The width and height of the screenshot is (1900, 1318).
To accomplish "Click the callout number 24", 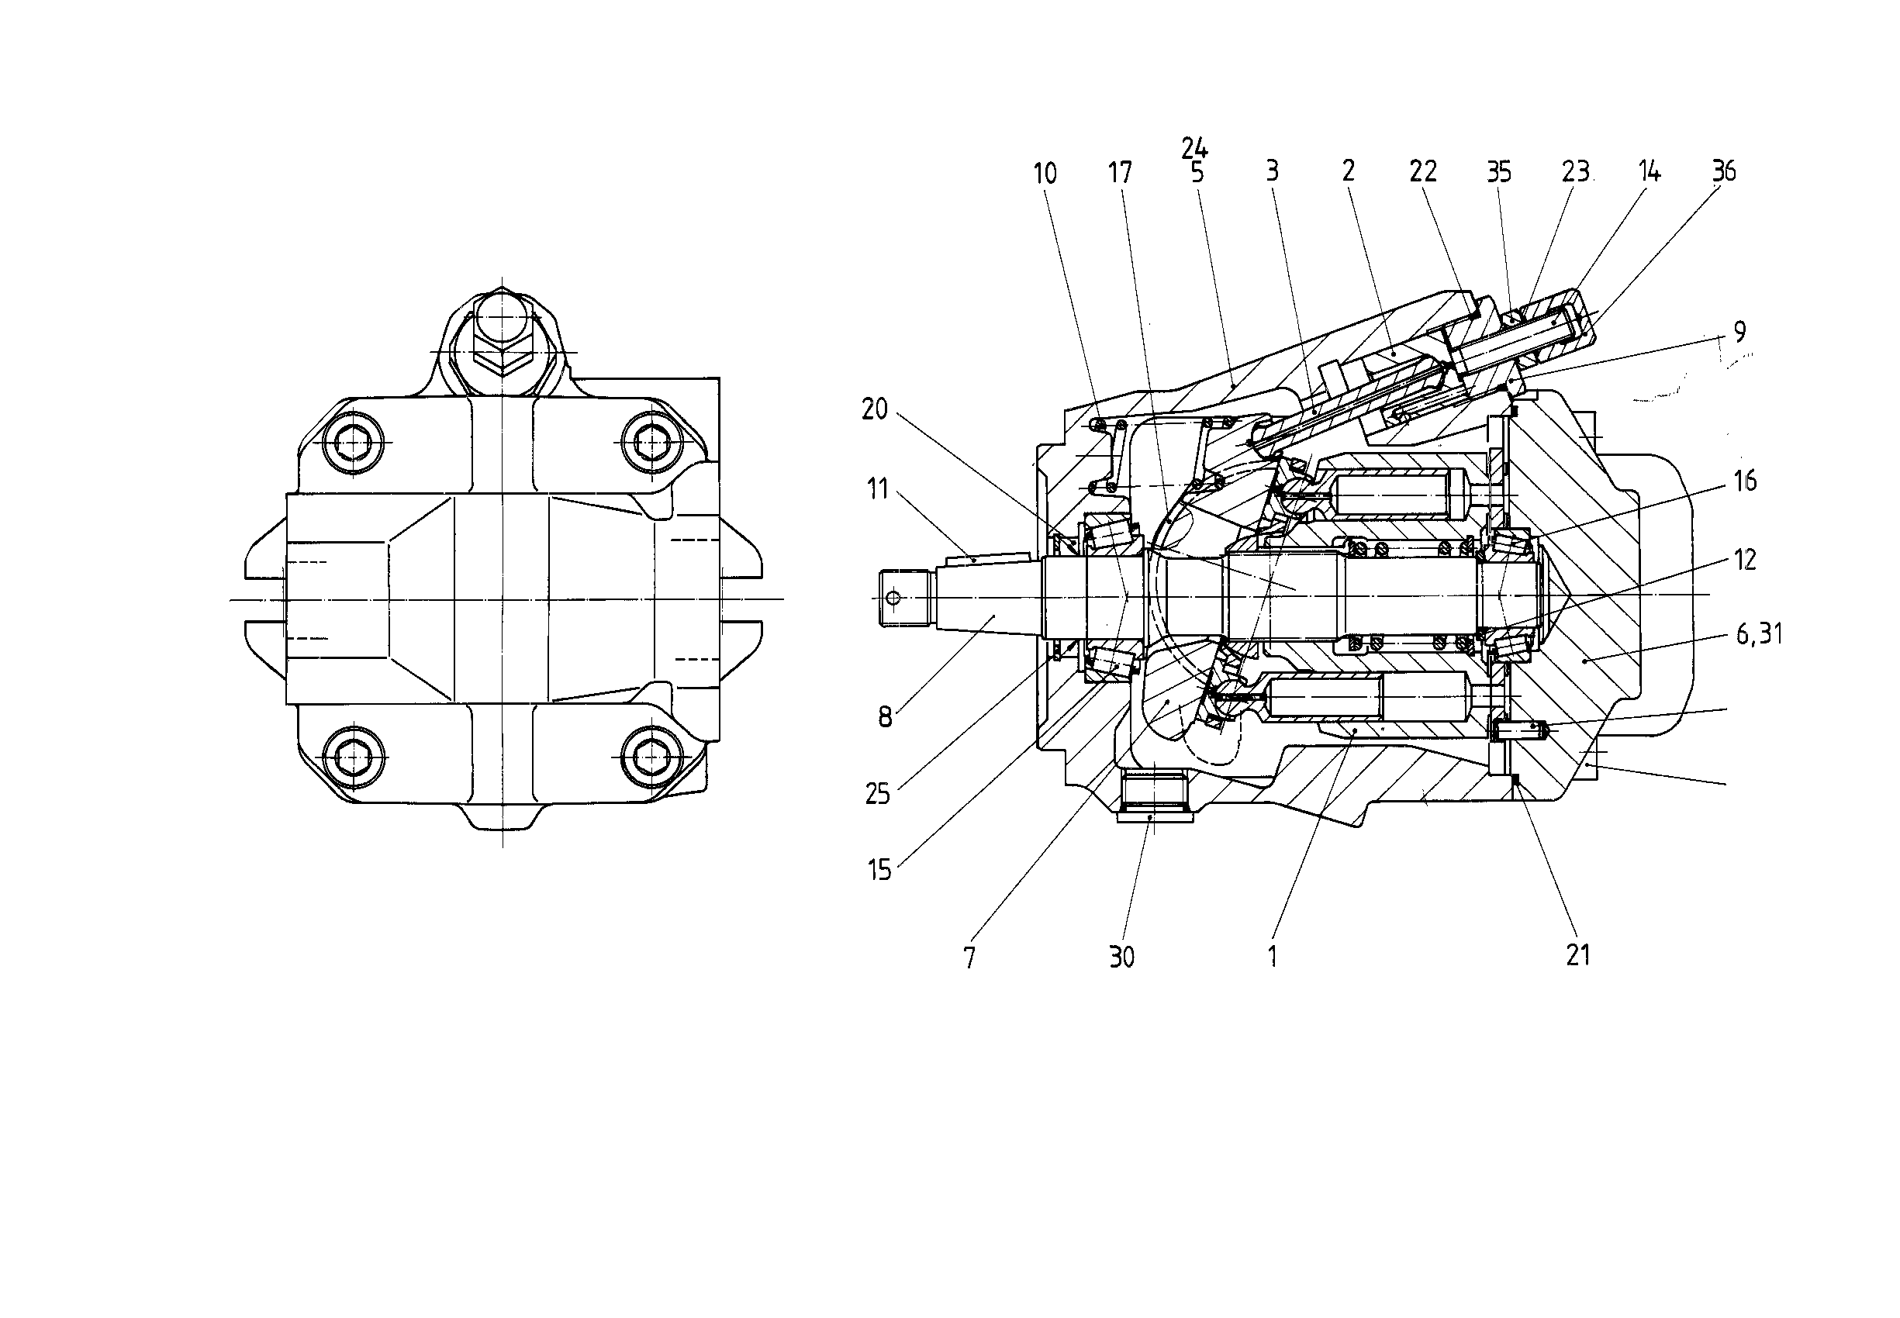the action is [1194, 149].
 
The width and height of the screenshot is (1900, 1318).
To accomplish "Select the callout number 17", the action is [1120, 173].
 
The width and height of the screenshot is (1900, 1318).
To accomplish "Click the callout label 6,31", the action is [1760, 634].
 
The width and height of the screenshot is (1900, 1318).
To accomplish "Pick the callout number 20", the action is [875, 409].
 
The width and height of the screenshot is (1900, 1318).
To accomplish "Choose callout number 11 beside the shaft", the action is [878, 489].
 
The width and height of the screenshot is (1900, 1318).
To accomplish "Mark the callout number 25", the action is [877, 794].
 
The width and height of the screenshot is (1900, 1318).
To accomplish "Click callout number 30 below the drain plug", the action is [1122, 957].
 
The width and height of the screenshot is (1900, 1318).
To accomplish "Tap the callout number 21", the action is [1578, 955].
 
